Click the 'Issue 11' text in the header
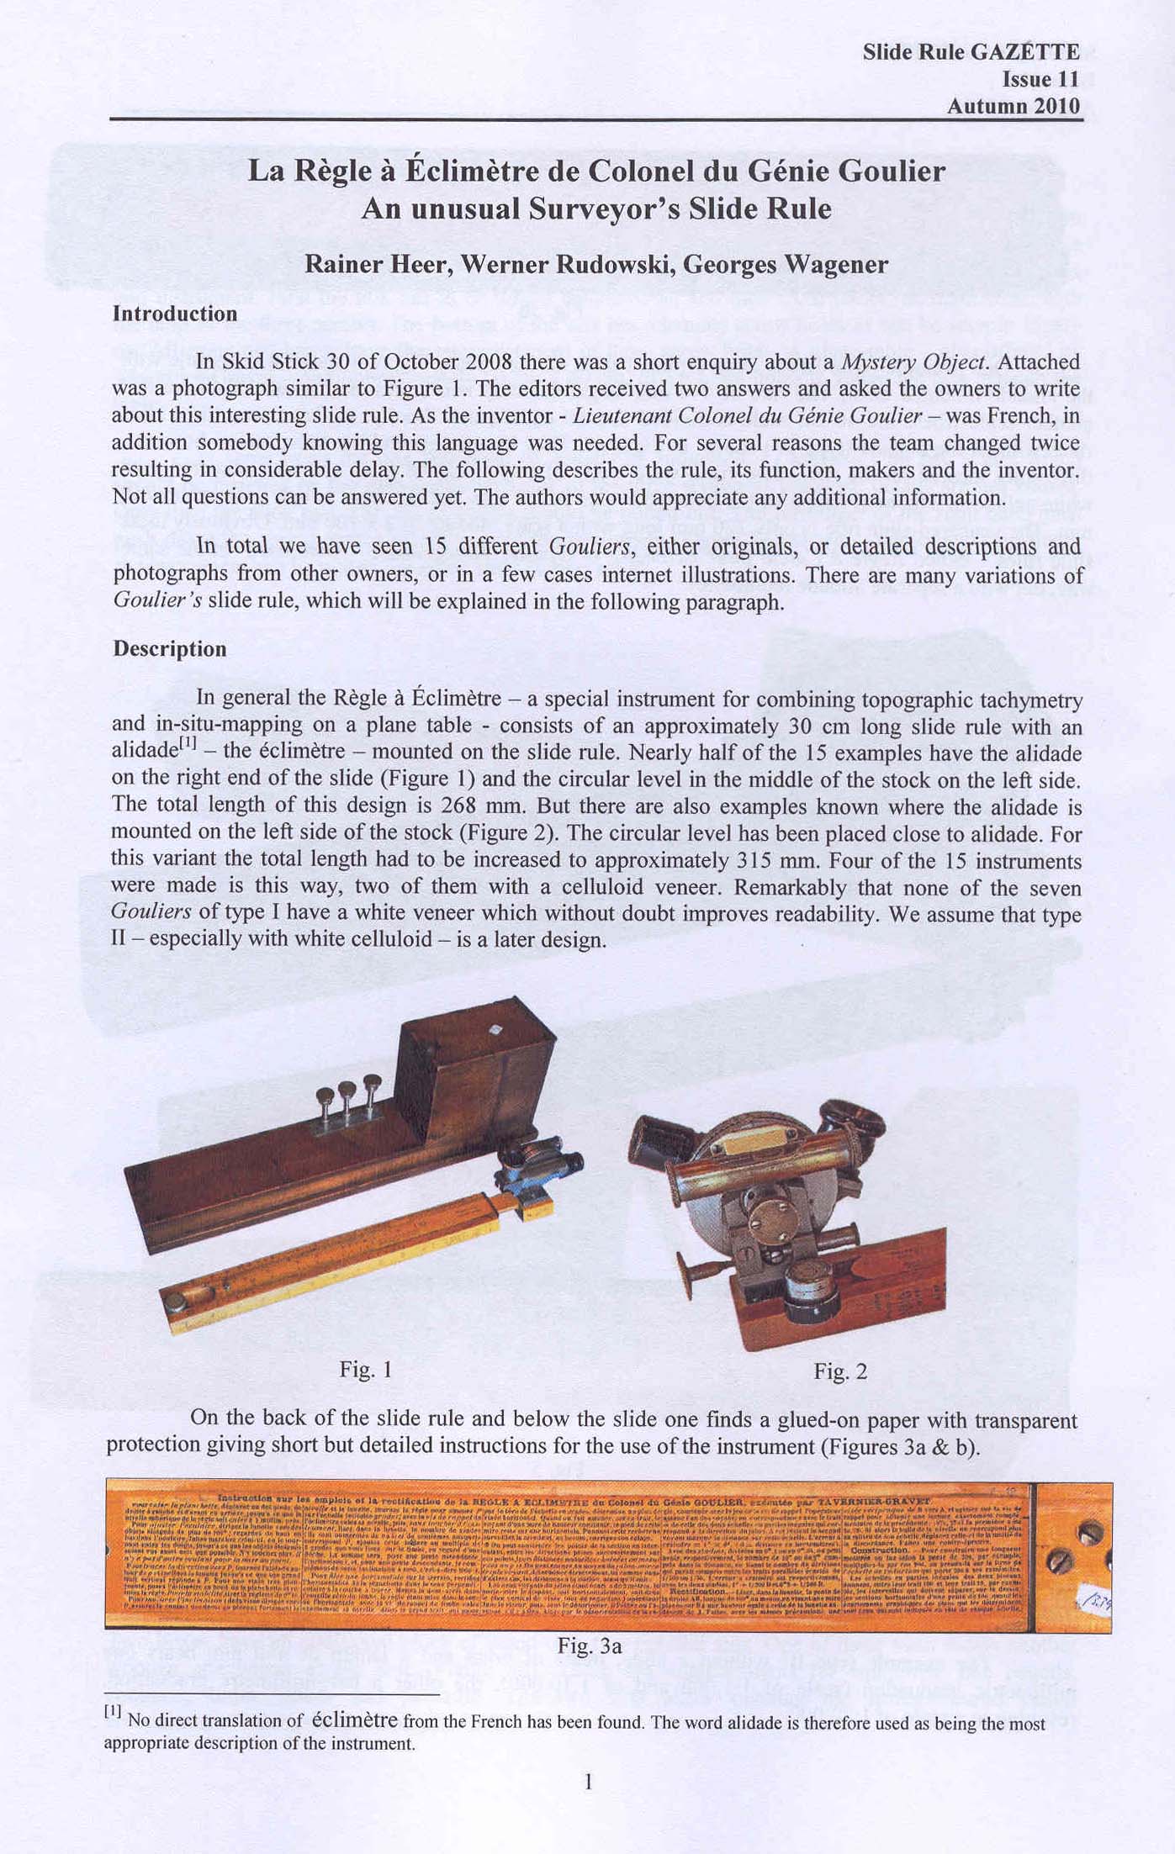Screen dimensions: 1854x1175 (x=1040, y=80)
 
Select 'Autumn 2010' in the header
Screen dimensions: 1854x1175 (x=1013, y=107)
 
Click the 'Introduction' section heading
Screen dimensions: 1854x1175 (x=175, y=314)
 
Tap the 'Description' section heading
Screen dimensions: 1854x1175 (x=170, y=649)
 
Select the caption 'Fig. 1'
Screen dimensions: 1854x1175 (x=366, y=1370)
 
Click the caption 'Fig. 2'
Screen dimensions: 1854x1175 (x=839, y=1371)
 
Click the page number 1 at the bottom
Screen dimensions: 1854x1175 (x=588, y=1781)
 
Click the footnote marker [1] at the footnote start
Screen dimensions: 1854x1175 (x=113, y=1711)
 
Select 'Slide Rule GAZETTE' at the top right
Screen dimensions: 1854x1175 (x=971, y=53)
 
